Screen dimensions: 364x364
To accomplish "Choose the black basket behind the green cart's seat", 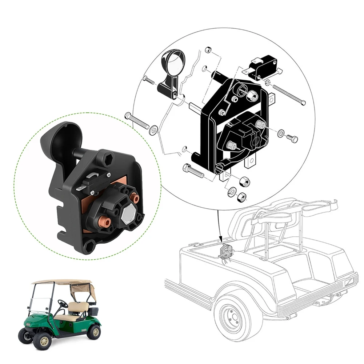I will point(93,311).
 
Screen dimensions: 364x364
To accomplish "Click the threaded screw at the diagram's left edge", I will point(136,121).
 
